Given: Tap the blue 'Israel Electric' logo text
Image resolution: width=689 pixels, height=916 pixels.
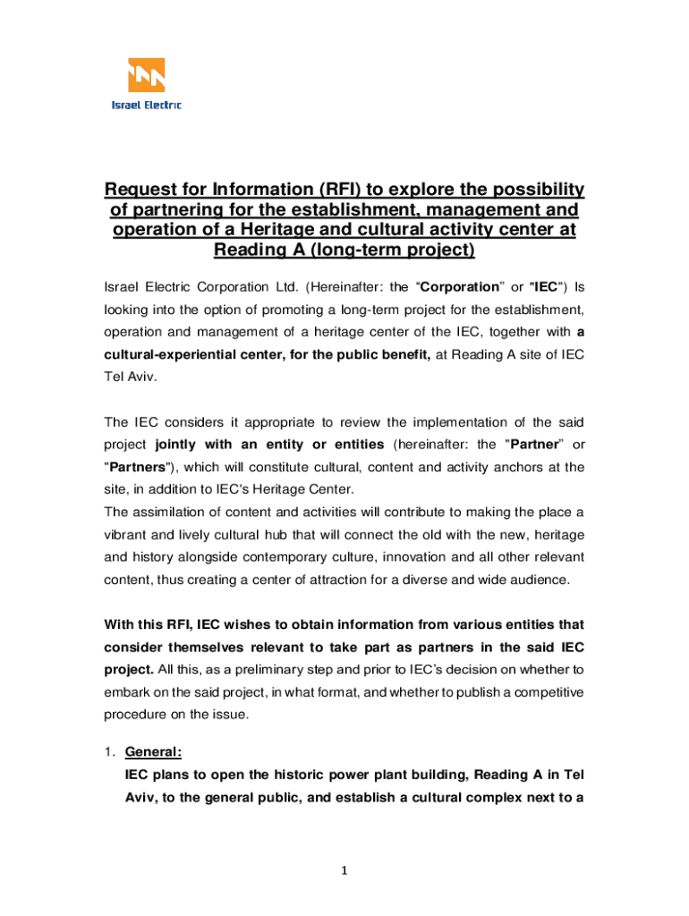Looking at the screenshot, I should [x=146, y=106].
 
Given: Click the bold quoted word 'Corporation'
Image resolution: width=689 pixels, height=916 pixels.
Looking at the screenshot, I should [x=459, y=287].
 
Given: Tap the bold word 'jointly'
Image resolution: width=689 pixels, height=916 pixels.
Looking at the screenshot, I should [x=179, y=445].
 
